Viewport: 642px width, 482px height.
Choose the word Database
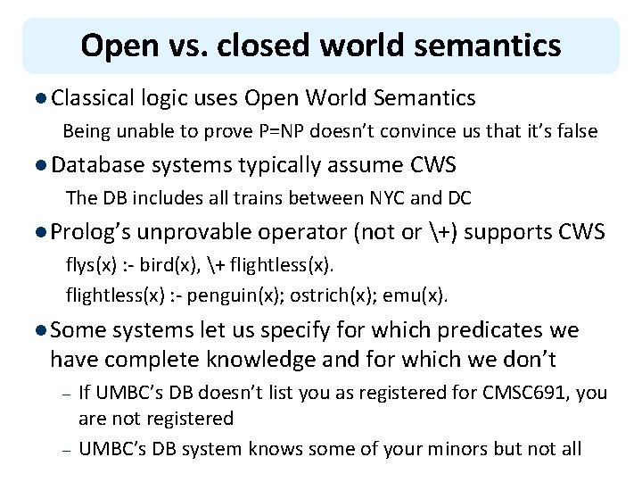[99, 164]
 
